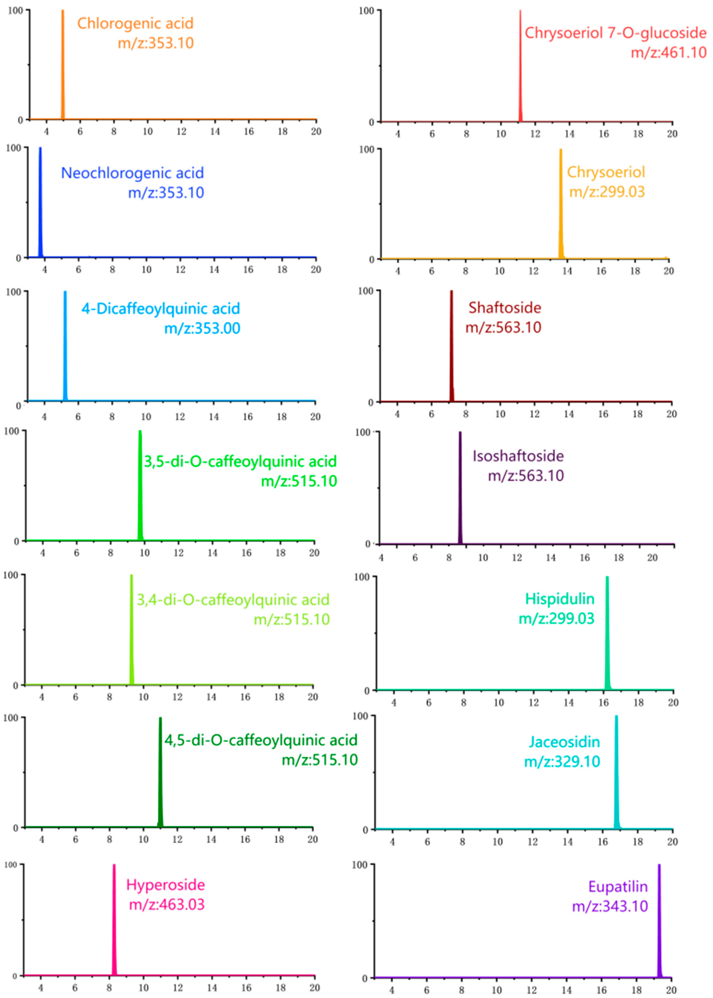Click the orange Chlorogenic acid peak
[63, 66]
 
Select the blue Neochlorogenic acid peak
[40, 202]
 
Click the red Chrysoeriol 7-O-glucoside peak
[520, 66]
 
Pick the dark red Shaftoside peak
[451, 347]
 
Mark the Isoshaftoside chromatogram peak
[460, 488]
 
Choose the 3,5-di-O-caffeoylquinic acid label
[240, 461]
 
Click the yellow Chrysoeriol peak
[561, 207]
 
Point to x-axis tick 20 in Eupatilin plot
[671, 990]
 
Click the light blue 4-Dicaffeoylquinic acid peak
[65, 347]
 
